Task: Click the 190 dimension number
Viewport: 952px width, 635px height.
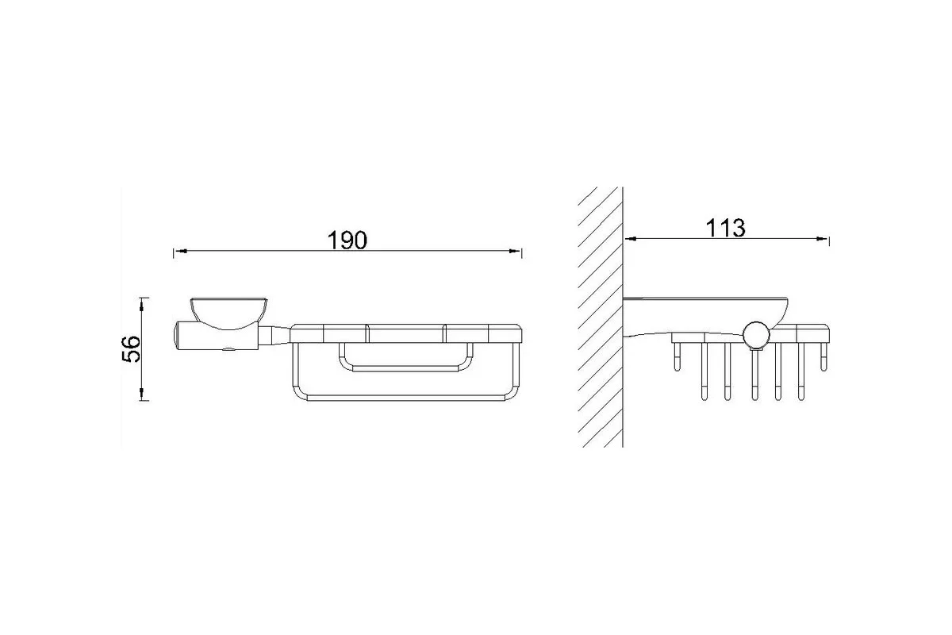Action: point(347,241)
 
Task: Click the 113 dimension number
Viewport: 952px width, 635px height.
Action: point(725,228)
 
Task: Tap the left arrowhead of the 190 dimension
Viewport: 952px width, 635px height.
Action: point(180,252)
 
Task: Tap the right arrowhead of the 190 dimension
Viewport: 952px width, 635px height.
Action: point(515,252)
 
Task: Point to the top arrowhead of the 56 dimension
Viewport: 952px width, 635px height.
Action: point(142,304)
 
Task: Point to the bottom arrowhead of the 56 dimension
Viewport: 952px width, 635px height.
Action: point(142,394)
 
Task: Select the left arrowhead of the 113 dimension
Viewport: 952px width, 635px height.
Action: point(630,239)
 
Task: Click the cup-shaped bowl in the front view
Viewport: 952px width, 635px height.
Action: point(228,313)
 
